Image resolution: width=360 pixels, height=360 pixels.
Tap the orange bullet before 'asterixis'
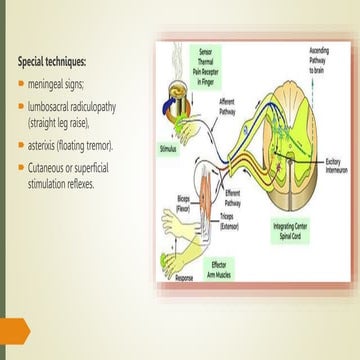tap(21, 146)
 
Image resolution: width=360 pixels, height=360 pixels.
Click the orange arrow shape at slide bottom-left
tap(14, 327)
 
